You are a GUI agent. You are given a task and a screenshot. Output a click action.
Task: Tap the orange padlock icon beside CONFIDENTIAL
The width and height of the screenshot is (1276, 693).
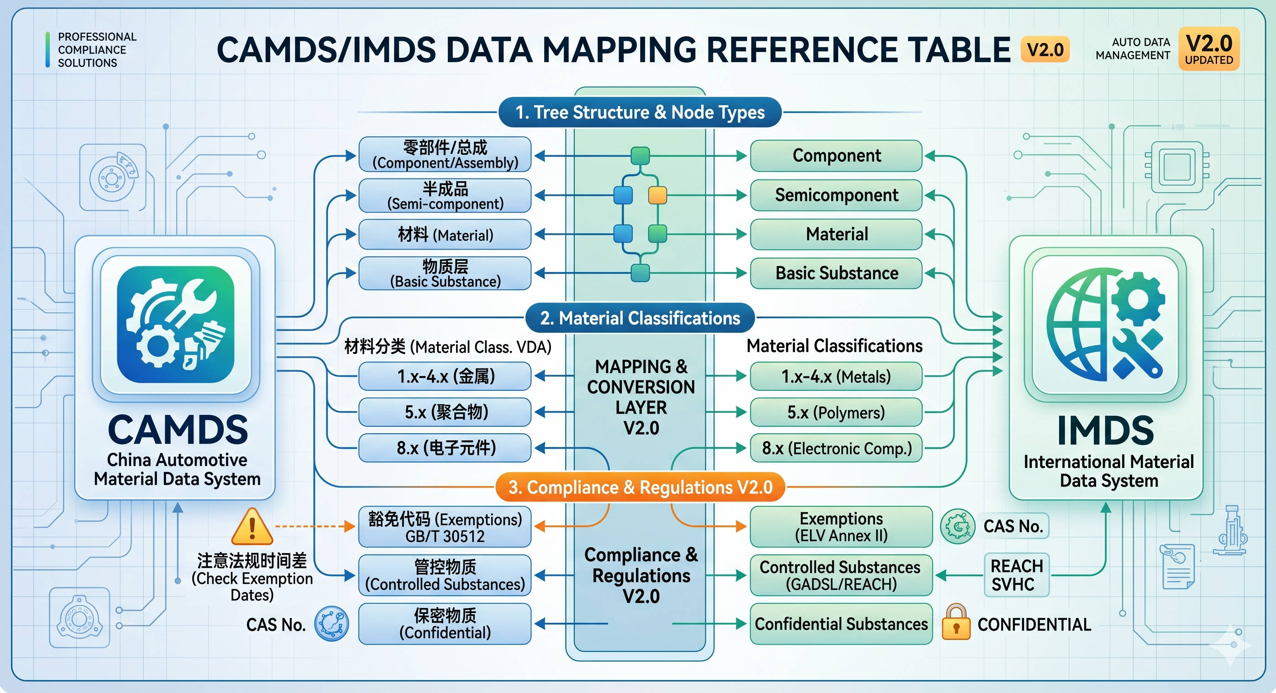tap(956, 623)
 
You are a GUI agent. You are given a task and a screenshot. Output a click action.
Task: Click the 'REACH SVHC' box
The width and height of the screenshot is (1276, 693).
tap(1016, 575)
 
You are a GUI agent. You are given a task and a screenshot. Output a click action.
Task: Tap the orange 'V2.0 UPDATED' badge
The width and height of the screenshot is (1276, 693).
tap(1208, 49)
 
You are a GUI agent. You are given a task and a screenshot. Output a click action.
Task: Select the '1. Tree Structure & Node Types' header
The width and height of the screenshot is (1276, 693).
tap(640, 112)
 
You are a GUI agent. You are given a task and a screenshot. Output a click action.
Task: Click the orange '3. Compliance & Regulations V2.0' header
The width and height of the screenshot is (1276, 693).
tap(640, 487)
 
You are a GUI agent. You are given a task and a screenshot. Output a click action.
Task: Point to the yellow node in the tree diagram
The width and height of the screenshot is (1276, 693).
tap(657, 195)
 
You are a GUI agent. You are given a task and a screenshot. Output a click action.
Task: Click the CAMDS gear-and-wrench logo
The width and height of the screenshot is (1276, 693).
tap(175, 325)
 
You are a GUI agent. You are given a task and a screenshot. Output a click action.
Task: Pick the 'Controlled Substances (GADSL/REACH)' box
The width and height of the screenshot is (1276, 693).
tap(840, 575)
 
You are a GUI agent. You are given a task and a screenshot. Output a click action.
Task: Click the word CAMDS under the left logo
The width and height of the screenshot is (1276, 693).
tap(177, 430)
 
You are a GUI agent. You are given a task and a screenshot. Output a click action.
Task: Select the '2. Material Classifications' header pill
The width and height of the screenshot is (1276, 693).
tap(640, 318)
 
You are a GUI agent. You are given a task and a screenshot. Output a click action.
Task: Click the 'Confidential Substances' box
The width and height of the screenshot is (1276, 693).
tap(840, 624)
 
